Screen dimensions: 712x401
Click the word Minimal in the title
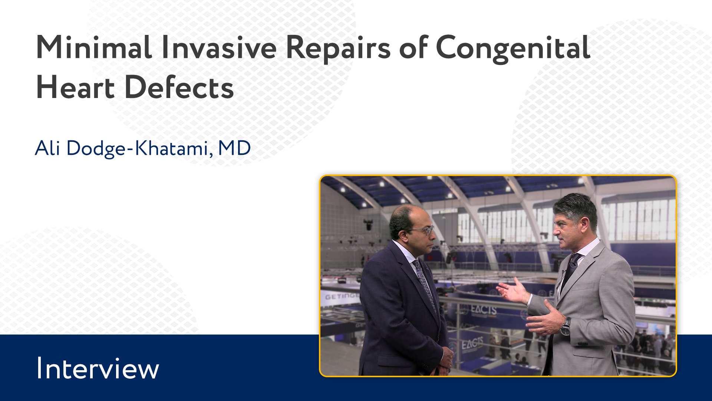tap(94, 48)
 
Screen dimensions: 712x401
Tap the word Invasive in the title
tap(219, 48)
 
